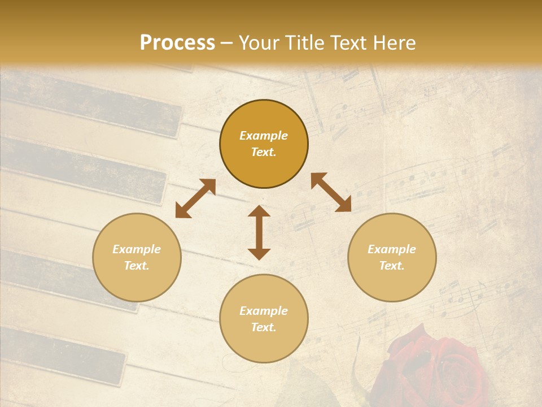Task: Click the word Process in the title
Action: (177, 43)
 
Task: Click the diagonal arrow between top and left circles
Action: (195, 198)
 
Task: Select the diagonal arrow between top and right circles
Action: (331, 192)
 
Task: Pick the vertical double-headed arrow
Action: (259, 232)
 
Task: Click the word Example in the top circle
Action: (264, 136)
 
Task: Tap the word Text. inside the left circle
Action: (137, 266)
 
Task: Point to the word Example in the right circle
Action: (392, 249)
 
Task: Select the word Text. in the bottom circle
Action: (264, 327)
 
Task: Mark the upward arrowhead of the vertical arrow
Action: (259, 211)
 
